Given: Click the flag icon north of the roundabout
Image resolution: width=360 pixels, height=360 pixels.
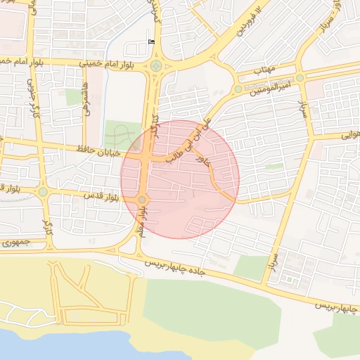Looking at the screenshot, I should [151, 41].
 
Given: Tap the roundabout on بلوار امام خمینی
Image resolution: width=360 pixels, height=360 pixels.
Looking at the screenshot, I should [155, 67].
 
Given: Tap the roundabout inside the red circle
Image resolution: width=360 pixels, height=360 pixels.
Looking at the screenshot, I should [142, 200].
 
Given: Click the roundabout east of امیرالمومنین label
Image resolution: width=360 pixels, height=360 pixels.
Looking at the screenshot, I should [300, 78].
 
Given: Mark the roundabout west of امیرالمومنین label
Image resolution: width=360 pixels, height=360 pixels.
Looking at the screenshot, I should [238, 89].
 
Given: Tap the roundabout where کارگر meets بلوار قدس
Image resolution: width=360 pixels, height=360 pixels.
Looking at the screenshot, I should [43, 191].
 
